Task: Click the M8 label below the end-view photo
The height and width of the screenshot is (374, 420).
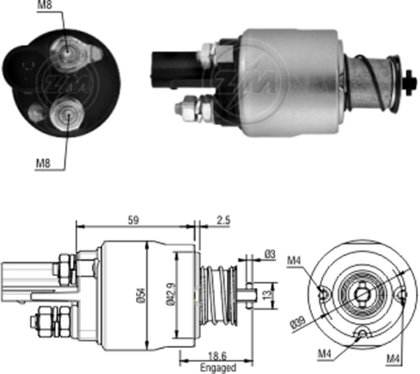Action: coord(43,164)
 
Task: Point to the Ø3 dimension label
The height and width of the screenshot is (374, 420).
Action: coord(269,255)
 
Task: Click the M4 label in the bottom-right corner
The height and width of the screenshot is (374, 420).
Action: coord(395,359)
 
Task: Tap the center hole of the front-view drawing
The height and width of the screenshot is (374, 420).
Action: coord(362,294)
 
